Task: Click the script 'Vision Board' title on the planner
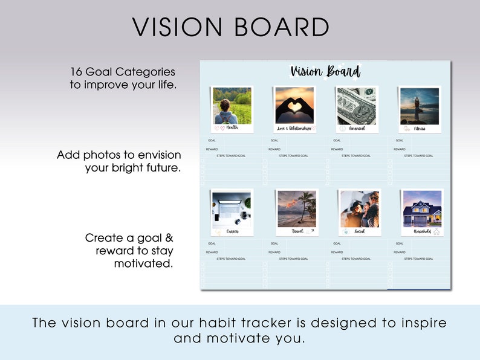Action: coord(325,71)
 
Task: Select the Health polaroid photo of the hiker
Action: coord(232,106)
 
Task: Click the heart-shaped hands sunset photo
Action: coord(294,106)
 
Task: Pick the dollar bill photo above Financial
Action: coord(357,106)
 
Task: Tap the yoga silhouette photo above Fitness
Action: coord(420,106)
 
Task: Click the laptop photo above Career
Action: coord(232,209)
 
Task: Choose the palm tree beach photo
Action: coord(296,209)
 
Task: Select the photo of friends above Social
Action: coord(360,209)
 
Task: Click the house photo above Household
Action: coord(422,209)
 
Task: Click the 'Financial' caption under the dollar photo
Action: coord(357,128)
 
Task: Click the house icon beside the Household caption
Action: coord(436,231)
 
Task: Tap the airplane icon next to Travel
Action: coord(312,231)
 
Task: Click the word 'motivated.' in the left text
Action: coord(144,263)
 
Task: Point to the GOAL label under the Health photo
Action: coord(212,141)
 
